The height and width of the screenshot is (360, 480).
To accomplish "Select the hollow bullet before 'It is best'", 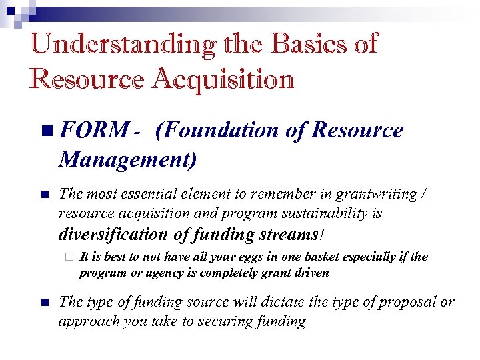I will click(x=67, y=258).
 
